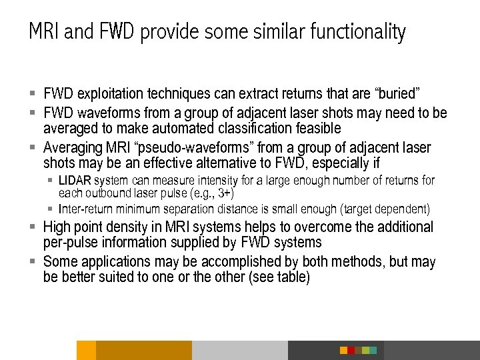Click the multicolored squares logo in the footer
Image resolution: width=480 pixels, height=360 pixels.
tap(358, 350)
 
